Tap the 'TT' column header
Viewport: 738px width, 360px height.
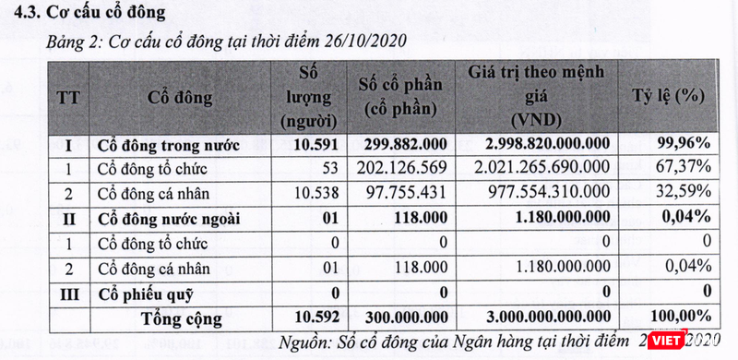(68, 97)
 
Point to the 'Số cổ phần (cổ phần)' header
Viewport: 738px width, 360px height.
(400, 97)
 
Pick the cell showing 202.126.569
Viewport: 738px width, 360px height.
(400, 167)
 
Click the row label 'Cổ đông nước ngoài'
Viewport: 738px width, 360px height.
(165, 218)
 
